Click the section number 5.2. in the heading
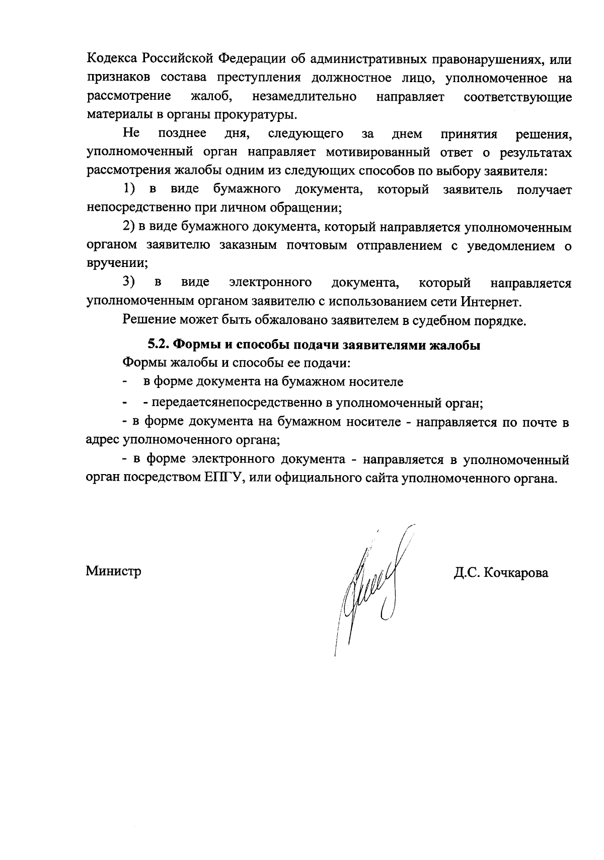[158, 346]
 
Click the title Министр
[113, 571]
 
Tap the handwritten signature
[370, 584]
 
